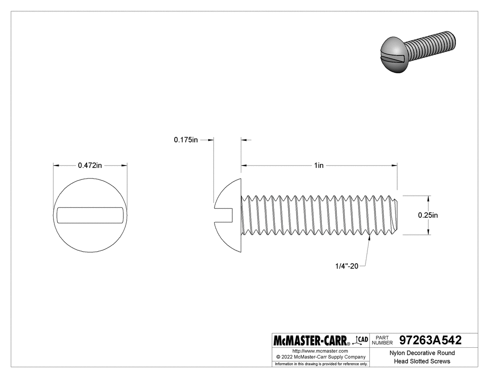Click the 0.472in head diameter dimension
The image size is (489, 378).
pyautogui.click(x=90, y=165)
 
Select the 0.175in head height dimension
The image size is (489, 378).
pyautogui.click(x=186, y=140)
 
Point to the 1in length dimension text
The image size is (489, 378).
pyautogui.click(x=319, y=165)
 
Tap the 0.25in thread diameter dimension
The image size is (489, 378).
pyautogui.click(x=427, y=215)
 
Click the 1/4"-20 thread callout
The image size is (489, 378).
pyautogui.click(x=346, y=266)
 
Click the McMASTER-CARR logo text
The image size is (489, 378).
pyautogui.click(x=312, y=340)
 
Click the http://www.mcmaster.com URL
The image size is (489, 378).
pyautogui.click(x=320, y=351)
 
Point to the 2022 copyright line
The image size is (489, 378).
pyautogui.click(x=320, y=357)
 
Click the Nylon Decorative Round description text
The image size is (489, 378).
pyautogui.click(x=422, y=353)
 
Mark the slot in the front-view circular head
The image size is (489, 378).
pyautogui.click(x=90, y=215)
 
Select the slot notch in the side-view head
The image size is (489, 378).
pyautogui.click(x=224, y=215)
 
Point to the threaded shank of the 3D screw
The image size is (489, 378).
pyautogui.click(x=431, y=46)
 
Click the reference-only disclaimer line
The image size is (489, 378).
pyautogui.click(x=321, y=364)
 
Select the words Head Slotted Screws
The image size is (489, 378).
pyautogui.click(x=422, y=361)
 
